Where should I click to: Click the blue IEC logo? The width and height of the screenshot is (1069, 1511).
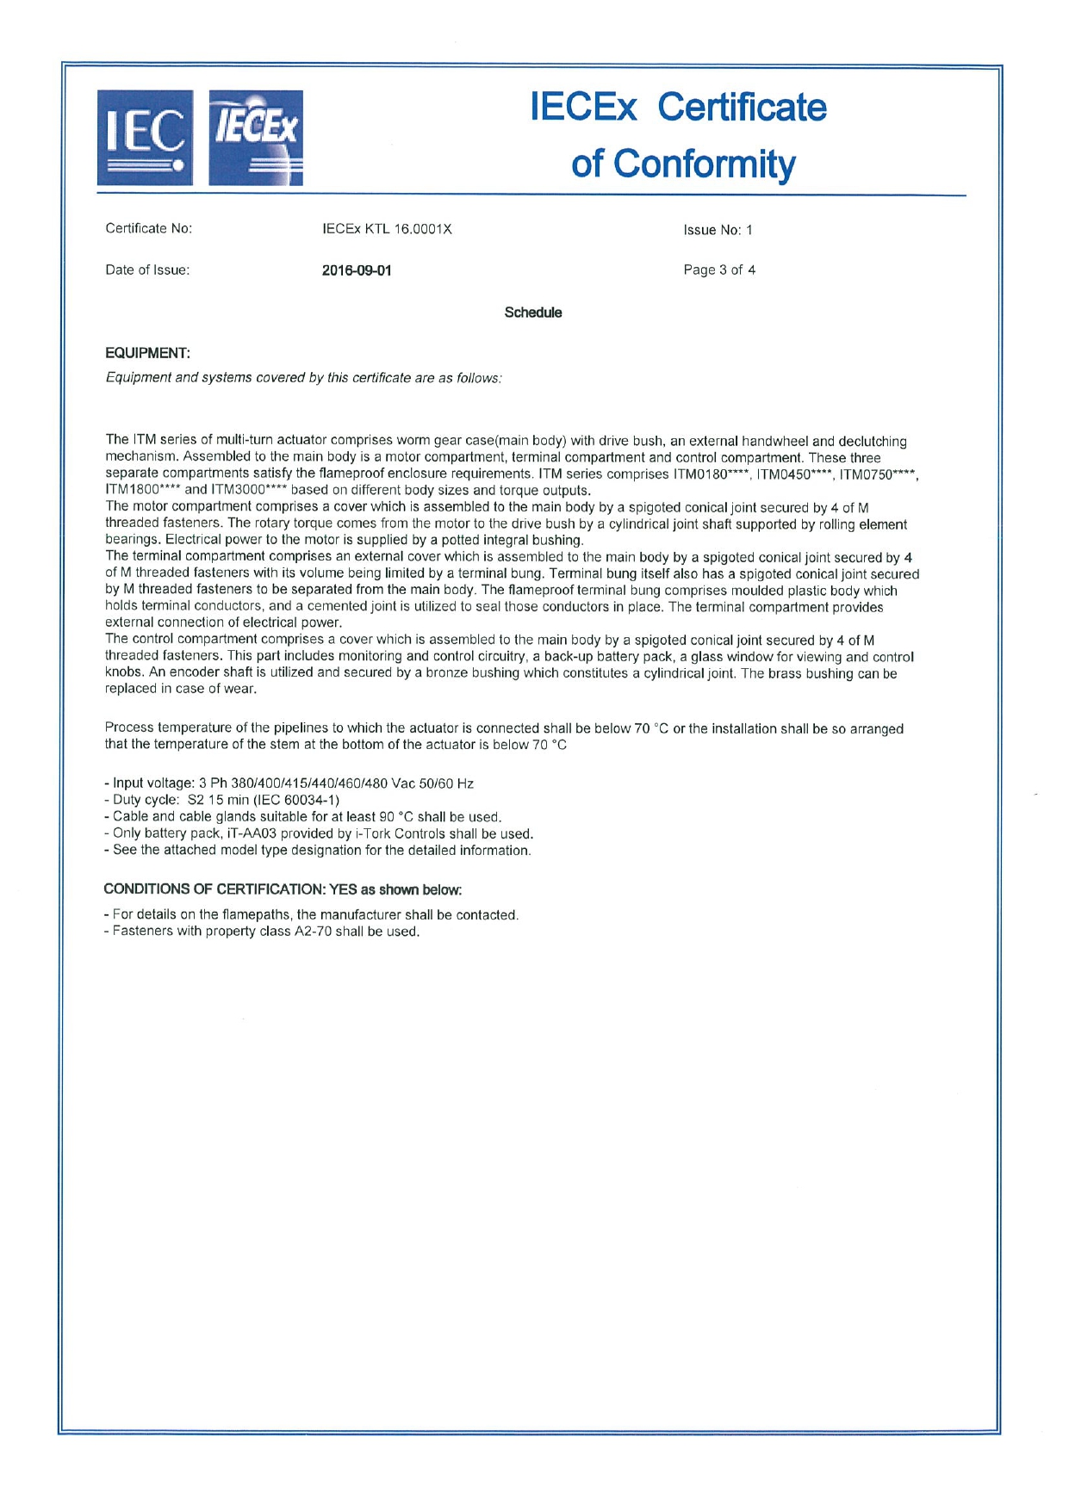[145, 138]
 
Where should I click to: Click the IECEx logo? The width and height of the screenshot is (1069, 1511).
[256, 138]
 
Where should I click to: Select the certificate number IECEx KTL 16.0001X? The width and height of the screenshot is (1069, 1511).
[387, 229]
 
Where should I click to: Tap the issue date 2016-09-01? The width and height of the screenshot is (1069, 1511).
[357, 270]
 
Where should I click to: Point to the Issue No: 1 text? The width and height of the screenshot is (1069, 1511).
[718, 230]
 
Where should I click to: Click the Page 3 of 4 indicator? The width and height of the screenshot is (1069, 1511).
[719, 270]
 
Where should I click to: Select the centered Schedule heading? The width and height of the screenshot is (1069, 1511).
[533, 313]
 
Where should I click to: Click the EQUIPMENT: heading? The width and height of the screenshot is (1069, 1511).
[147, 353]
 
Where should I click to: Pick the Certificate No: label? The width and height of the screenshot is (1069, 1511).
[148, 229]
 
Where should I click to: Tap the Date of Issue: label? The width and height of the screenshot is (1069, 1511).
[147, 270]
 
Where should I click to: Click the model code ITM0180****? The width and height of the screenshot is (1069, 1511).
[711, 474]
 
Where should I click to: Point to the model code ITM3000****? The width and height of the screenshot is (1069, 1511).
[249, 491]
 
